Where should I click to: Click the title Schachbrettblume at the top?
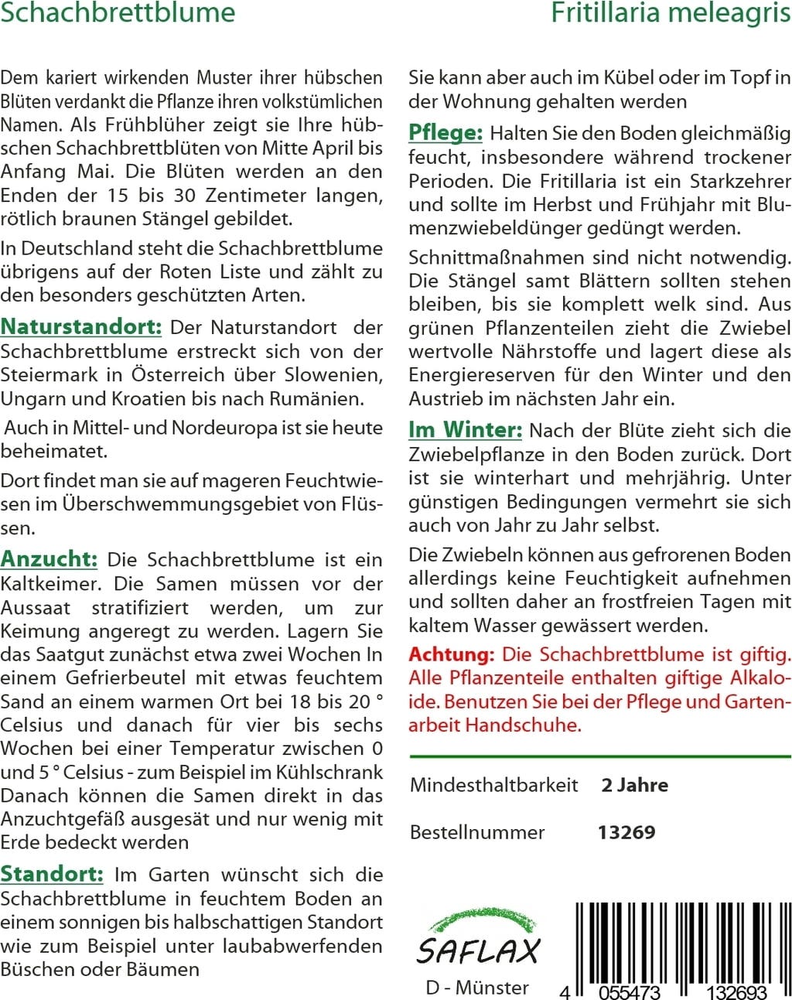pos(118,12)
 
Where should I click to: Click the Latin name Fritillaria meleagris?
pos(671,12)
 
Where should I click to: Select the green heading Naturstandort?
pos(80,327)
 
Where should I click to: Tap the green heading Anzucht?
pos(49,559)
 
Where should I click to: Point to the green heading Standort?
pos(51,875)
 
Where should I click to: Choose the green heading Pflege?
pos(445,133)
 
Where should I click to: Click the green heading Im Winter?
pos(465,430)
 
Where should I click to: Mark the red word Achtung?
pos(452,654)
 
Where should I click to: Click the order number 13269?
pos(626,832)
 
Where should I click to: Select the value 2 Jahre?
pos(634,785)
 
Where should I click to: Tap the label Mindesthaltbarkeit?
pos(493,785)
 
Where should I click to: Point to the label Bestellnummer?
pos(477,832)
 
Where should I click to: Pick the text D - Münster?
pos(477,988)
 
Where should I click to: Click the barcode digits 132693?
pos(730,991)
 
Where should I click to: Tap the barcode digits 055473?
pos(630,991)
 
